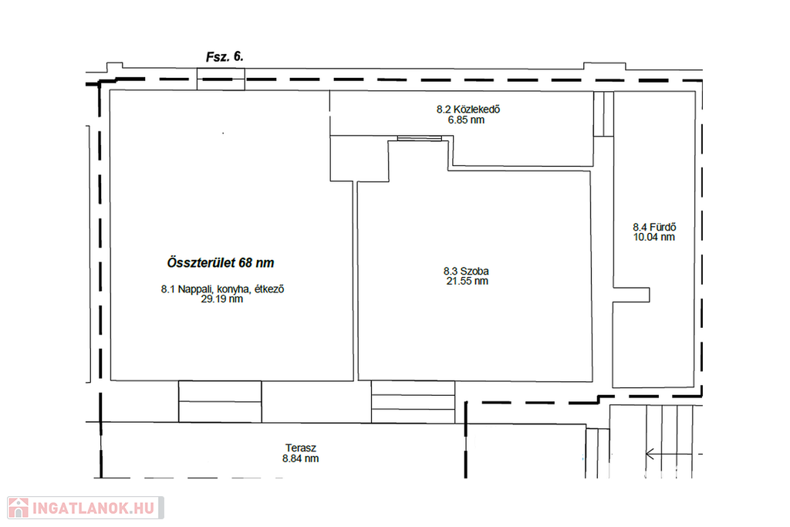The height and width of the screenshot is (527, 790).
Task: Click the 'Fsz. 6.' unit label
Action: click(225, 56)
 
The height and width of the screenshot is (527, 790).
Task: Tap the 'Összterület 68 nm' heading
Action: click(221, 262)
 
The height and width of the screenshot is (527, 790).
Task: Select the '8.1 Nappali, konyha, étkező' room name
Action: click(223, 289)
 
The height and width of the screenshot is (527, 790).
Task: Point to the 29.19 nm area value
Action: click(221, 299)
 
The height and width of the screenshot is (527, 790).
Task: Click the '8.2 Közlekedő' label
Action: click(468, 110)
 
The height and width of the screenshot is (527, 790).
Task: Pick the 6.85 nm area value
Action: click(466, 120)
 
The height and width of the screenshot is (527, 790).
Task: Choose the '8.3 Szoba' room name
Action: click(466, 271)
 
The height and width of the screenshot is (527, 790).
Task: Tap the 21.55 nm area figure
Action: click(467, 281)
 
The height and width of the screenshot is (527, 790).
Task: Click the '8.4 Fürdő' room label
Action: click(654, 227)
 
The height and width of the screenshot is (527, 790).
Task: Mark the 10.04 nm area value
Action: click(654, 238)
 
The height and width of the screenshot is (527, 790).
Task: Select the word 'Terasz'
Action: click(301, 448)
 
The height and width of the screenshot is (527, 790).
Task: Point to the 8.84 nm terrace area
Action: click(300, 458)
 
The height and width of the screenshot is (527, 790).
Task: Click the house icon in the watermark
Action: click(19, 508)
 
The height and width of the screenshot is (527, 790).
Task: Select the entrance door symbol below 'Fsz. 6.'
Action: click(221, 79)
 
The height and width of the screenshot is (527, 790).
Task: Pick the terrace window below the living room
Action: click(220, 401)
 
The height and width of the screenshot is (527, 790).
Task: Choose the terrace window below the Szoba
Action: click(414, 401)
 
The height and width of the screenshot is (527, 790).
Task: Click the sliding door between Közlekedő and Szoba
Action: click(420, 138)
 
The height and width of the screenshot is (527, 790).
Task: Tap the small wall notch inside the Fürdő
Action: click(631, 295)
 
